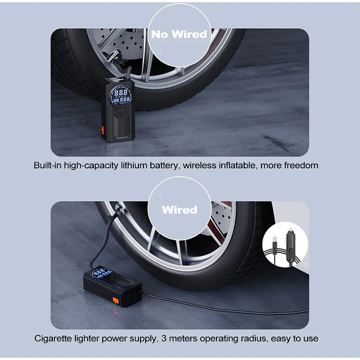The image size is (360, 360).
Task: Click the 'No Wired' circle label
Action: click(x=179, y=34)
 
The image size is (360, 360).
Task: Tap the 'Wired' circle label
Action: click(x=179, y=209)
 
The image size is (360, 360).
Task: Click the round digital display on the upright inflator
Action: click(x=121, y=96)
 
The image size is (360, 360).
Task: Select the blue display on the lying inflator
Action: click(x=101, y=273)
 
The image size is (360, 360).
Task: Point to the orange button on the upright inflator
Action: click(x=102, y=130)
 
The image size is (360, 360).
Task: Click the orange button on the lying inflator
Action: click(x=116, y=300)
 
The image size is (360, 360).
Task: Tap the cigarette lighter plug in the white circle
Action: click(x=291, y=247)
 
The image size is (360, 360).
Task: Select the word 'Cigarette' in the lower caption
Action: click(x=53, y=338)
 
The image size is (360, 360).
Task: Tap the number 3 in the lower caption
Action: click(x=164, y=339)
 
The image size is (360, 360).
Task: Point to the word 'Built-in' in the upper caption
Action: click(x=47, y=165)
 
